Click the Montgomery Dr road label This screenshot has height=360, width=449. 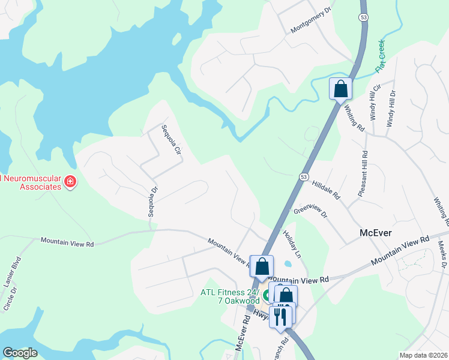(310, 21)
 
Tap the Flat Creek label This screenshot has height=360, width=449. (379, 56)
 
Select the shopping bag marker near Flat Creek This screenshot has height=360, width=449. (340, 89)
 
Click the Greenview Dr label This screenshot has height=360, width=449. (311, 211)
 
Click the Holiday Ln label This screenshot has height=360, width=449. (291, 245)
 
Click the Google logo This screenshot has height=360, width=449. (20, 352)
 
